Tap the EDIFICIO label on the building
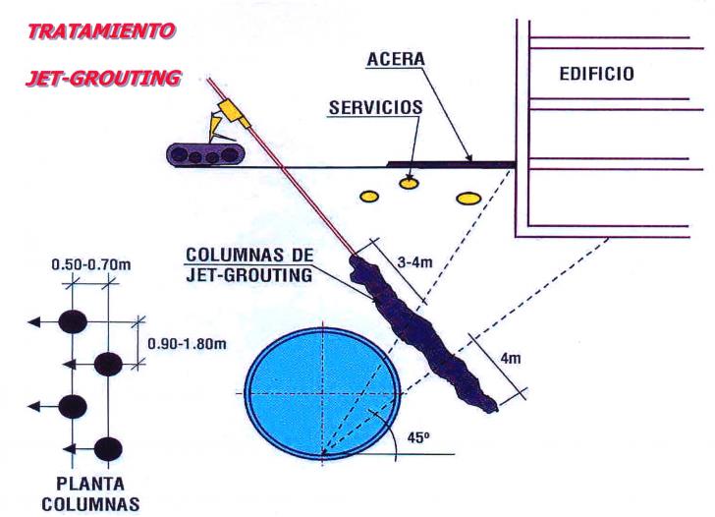pyautogui.click(x=596, y=74)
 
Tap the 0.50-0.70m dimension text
pyautogui.click(x=89, y=265)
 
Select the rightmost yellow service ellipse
pyautogui.click(x=468, y=199)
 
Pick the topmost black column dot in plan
pyautogui.click(x=71, y=321)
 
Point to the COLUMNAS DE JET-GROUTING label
pyautogui.click(x=249, y=264)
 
